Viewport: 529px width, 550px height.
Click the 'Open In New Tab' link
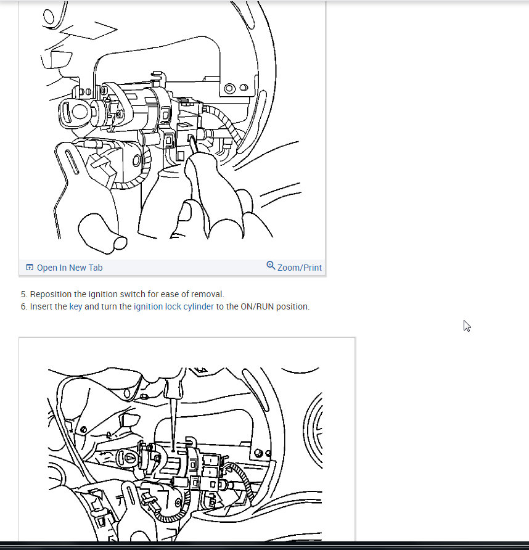coord(70,268)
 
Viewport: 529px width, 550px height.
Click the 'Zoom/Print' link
coord(299,268)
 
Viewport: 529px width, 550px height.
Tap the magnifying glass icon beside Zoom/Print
coord(271,266)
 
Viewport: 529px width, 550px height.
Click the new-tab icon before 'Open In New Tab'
coord(30,267)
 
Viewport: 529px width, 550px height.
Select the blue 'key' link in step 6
coord(76,306)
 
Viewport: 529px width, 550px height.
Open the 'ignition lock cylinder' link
coord(174,306)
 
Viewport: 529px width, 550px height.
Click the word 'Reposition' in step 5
coord(51,294)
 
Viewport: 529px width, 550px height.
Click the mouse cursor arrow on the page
coord(467,326)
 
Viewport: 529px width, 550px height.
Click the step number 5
coord(24,294)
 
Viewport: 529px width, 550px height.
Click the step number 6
coord(24,306)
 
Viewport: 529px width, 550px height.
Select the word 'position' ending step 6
coord(293,307)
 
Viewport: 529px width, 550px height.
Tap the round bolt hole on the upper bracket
coord(230,88)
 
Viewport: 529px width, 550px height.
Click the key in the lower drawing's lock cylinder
coord(129,458)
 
